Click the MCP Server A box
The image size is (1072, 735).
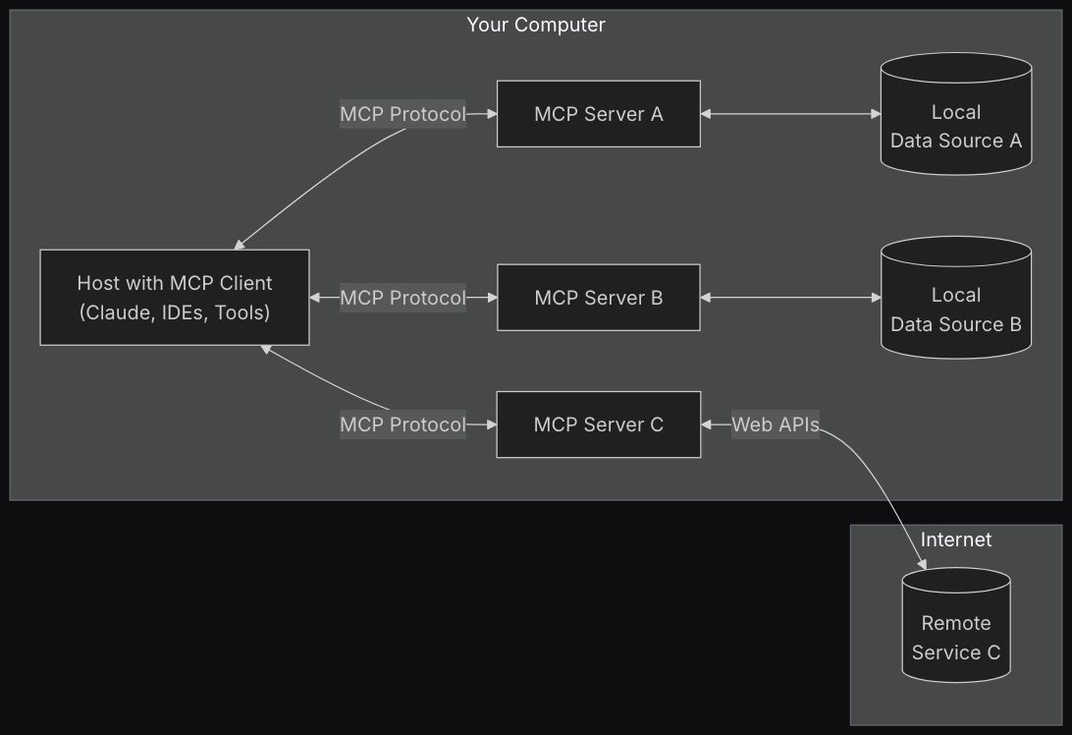(598, 114)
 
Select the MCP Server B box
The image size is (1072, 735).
(598, 298)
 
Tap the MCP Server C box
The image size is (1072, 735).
(598, 424)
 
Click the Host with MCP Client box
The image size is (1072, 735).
(175, 298)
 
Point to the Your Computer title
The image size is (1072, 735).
(535, 25)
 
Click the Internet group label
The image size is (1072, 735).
(955, 539)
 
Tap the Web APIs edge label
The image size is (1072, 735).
(775, 424)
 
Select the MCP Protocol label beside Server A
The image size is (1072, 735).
(402, 114)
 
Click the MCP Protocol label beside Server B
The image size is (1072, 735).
(402, 298)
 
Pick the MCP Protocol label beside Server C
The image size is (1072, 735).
(402, 424)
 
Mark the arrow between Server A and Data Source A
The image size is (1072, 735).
(790, 114)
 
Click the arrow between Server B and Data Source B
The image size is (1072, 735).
(790, 298)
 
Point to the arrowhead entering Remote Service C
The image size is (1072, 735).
(921, 564)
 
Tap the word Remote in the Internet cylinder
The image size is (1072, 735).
(955, 623)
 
